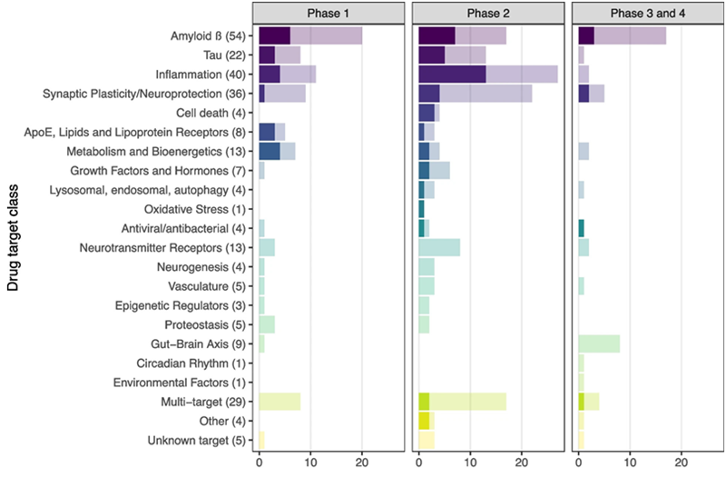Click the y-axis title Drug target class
(13, 234)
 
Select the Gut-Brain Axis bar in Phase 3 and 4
(599, 344)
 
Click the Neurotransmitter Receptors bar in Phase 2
(439, 247)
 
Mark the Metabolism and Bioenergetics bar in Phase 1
(277, 151)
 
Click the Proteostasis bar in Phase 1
(267, 324)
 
